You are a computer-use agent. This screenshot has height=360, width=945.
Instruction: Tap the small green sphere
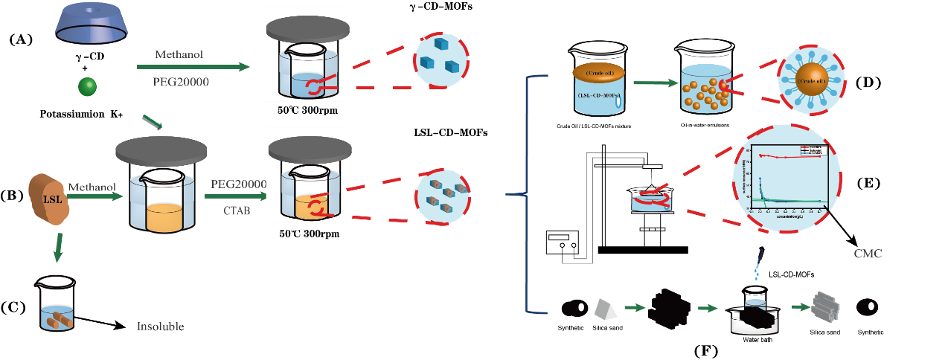click(x=88, y=86)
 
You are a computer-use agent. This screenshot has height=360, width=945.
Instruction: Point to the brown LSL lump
click(x=49, y=199)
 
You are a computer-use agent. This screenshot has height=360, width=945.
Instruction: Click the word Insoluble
click(x=160, y=327)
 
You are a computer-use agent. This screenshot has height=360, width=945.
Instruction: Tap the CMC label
click(x=868, y=254)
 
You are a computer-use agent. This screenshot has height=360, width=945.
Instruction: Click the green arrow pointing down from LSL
click(x=57, y=248)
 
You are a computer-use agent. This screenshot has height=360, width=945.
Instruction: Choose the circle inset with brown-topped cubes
click(x=443, y=196)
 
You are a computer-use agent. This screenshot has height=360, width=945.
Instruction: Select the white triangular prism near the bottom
click(x=606, y=309)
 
